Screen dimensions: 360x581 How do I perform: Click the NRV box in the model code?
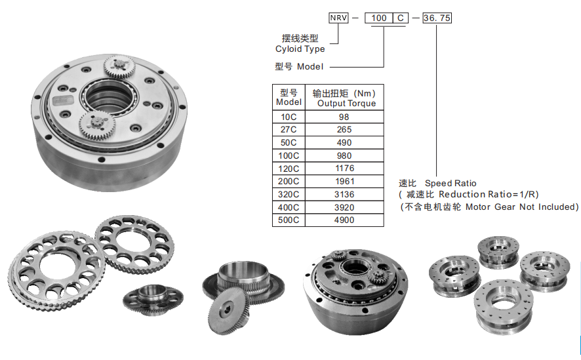click(x=338, y=18)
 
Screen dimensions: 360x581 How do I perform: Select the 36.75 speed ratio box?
click(x=436, y=18)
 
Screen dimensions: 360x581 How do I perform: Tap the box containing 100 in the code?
click(x=379, y=18)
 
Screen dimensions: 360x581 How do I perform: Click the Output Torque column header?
click(x=346, y=98)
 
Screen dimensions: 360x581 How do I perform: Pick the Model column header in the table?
click(x=289, y=98)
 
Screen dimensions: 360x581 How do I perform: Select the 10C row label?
click(x=289, y=117)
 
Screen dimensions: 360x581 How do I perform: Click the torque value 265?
click(x=344, y=130)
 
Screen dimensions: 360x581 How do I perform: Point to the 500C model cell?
click(x=289, y=220)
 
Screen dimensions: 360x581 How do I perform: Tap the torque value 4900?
click(x=344, y=220)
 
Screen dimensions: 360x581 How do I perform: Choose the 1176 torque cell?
click(x=344, y=169)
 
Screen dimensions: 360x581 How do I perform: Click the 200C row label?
click(x=289, y=182)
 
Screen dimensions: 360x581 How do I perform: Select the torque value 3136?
click(x=344, y=195)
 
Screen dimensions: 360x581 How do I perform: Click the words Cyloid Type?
click(x=300, y=49)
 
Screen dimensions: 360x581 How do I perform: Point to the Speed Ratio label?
click(x=451, y=183)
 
